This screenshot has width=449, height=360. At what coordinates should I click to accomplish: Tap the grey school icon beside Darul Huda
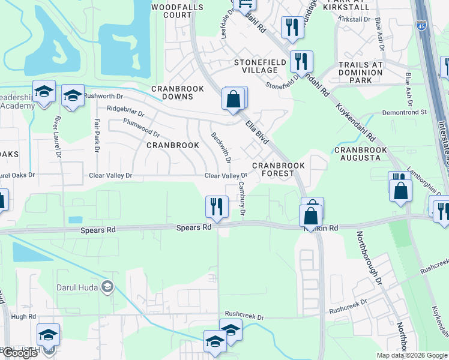(x=107, y=286)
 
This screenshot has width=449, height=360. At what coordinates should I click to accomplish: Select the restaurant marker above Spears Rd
(x=216, y=207)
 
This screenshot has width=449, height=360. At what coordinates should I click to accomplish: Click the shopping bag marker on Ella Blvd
(x=233, y=99)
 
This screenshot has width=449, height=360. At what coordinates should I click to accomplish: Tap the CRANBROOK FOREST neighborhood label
(x=279, y=169)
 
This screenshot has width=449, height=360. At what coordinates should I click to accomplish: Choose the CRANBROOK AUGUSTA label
(x=357, y=154)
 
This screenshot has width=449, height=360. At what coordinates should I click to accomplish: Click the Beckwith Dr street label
(x=220, y=147)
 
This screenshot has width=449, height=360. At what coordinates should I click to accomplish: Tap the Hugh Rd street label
(x=23, y=316)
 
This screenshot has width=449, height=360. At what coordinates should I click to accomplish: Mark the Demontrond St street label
(x=405, y=112)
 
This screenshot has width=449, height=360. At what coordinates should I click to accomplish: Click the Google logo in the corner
(x=20, y=353)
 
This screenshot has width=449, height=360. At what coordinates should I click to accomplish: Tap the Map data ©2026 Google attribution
(x=411, y=355)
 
